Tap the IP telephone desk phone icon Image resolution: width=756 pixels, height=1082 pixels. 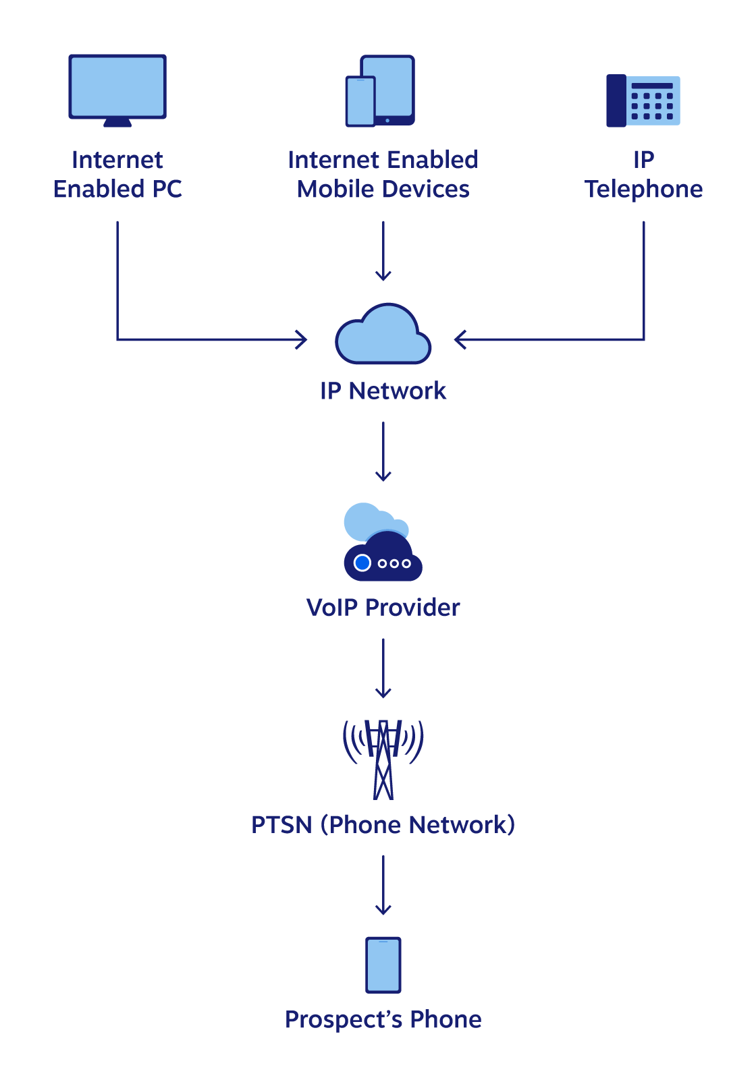pos(643,101)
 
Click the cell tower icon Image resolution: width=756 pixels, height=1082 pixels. pos(383,758)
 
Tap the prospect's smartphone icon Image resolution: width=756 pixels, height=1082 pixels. pos(383,965)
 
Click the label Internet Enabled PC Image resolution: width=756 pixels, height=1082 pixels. pos(117,175)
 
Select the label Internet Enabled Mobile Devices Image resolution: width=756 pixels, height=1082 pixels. pos(383,175)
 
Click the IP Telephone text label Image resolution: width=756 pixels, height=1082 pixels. pos(643,175)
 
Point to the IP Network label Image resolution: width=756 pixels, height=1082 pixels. pos(383,391)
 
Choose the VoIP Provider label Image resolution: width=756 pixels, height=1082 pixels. pos(383,608)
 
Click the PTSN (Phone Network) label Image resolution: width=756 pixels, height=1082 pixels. pos(383,824)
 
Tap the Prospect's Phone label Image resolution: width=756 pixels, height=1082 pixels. pos(383,1019)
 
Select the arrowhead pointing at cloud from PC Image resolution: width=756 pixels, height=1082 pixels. pos(302,339)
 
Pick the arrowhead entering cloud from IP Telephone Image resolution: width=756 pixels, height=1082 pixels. pos(460,339)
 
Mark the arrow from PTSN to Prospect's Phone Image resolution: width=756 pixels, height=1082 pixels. pos(383,884)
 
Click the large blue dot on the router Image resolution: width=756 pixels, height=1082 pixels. pos(362,563)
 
